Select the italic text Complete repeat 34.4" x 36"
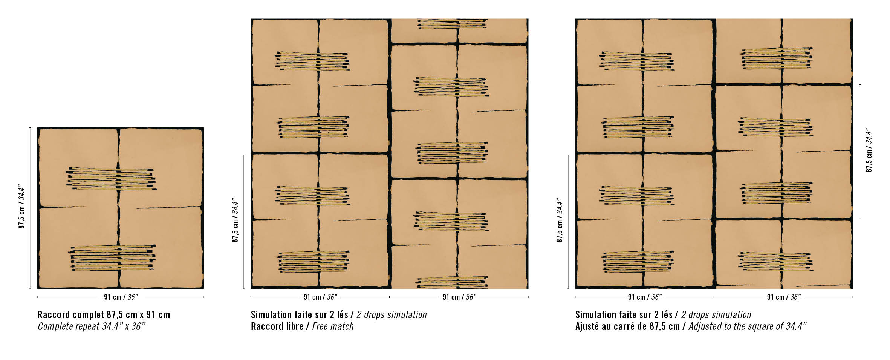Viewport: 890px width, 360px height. point(92,326)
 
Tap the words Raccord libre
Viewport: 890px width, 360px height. point(277,326)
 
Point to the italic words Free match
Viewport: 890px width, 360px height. point(333,326)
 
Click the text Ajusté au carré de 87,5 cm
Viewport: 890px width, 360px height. point(627,326)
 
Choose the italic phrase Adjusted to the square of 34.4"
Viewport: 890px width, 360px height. point(748,326)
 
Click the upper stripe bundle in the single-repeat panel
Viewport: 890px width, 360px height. point(111,178)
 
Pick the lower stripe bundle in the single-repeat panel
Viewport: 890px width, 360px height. point(113,258)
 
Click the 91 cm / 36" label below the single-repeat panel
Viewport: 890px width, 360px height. point(121,297)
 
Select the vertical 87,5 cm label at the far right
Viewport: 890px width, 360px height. point(869,150)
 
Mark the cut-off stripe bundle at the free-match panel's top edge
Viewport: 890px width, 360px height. point(452,24)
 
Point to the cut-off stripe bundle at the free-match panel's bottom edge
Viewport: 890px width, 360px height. point(452,282)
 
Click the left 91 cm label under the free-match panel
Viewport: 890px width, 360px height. point(321,297)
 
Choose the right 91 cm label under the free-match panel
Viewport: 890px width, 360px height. point(459,297)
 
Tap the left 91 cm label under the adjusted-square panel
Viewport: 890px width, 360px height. point(645,297)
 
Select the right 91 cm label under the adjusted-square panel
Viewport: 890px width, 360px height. point(784,297)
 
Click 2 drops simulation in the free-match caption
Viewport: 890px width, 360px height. point(392,315)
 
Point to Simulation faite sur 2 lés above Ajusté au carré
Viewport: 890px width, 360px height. point(624,315)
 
